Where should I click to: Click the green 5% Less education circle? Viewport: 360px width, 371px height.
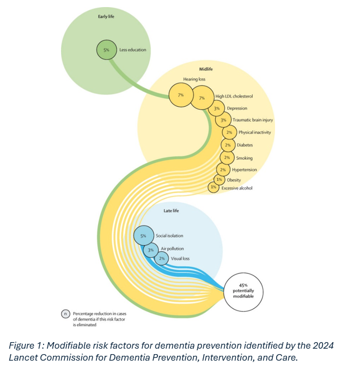[107, 50]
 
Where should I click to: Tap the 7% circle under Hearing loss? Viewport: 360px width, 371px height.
[180, 95]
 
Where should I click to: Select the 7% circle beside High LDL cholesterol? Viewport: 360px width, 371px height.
[202, 98]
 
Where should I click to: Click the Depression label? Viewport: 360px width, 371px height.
[237, 108]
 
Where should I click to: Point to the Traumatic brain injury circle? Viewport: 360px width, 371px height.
[223, 120]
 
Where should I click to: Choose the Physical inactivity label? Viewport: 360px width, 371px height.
[254, 132]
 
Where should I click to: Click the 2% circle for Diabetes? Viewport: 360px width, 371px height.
[228, 145]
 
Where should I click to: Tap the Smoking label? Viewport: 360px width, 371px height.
[244, 158]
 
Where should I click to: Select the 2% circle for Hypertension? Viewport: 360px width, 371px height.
[223, 170]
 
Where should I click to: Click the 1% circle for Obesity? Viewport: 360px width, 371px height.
[219, 179]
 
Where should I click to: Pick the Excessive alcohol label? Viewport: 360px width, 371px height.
[237, 188]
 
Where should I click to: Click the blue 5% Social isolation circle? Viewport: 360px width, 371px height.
[144, 236]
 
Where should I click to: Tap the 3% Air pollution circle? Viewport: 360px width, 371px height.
[151, 249]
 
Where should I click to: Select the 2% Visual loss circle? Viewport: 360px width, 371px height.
[162, 258]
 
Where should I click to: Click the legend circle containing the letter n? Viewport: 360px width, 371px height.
[65, 314]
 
